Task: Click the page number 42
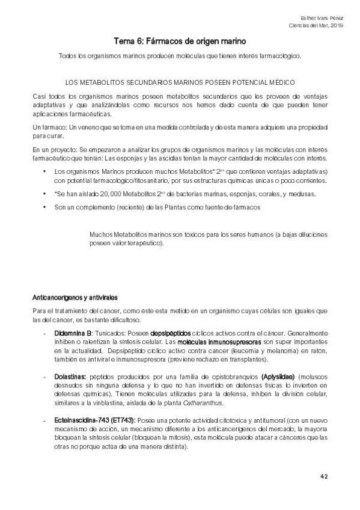[x=323, y=476]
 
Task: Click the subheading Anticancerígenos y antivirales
[x=75, y=297]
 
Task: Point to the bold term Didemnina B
[x=73, y=333]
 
